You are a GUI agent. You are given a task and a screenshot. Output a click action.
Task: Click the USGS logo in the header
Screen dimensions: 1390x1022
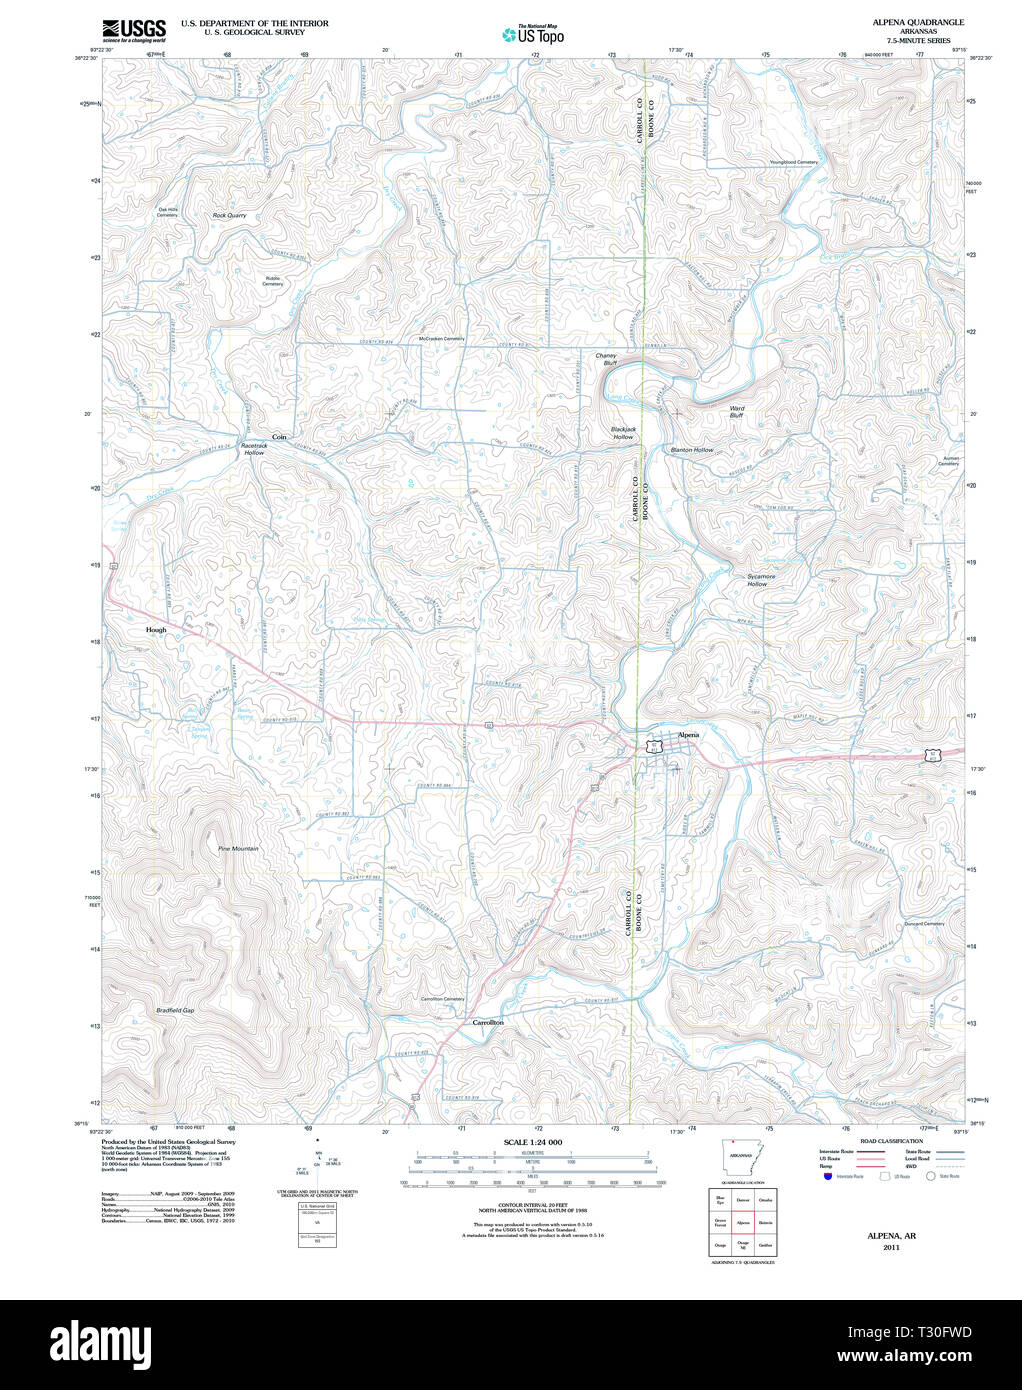click(x=133, y=30)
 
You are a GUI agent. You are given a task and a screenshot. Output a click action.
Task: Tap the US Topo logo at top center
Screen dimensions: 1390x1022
click(x=533, y=35)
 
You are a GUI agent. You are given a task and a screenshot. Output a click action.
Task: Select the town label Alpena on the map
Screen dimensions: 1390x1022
click(x=688, y=735)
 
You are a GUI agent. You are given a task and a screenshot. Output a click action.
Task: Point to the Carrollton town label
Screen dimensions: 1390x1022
click(x=488, y=1023)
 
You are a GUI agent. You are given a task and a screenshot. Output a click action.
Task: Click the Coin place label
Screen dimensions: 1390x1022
click(x=279, y=437)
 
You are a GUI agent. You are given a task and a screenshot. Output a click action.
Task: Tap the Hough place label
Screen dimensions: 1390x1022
click(x=156, y=630)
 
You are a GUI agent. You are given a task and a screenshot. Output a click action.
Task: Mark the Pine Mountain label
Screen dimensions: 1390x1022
click(x=238, y=849)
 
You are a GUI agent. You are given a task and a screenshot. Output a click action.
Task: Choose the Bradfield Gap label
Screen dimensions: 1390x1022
click(x=175, y=1010)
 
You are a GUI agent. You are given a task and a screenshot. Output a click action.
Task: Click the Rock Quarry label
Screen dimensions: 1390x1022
click(x=229, y=215)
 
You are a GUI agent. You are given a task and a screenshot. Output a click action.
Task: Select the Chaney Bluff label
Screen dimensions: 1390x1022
click(x=606, y=359)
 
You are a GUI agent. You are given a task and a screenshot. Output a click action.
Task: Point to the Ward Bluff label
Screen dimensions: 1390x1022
click(x=736, y=412)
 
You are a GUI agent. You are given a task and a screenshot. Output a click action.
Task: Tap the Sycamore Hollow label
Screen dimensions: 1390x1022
click(x=760, y=580)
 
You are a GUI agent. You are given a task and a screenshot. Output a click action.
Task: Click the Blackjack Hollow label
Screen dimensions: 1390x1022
click(x=623, y=433)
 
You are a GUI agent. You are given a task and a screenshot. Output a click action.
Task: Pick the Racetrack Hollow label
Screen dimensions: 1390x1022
click(x=255, y=449)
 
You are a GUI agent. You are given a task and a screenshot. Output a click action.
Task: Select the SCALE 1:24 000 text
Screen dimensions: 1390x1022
click(x=532, y=1142)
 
